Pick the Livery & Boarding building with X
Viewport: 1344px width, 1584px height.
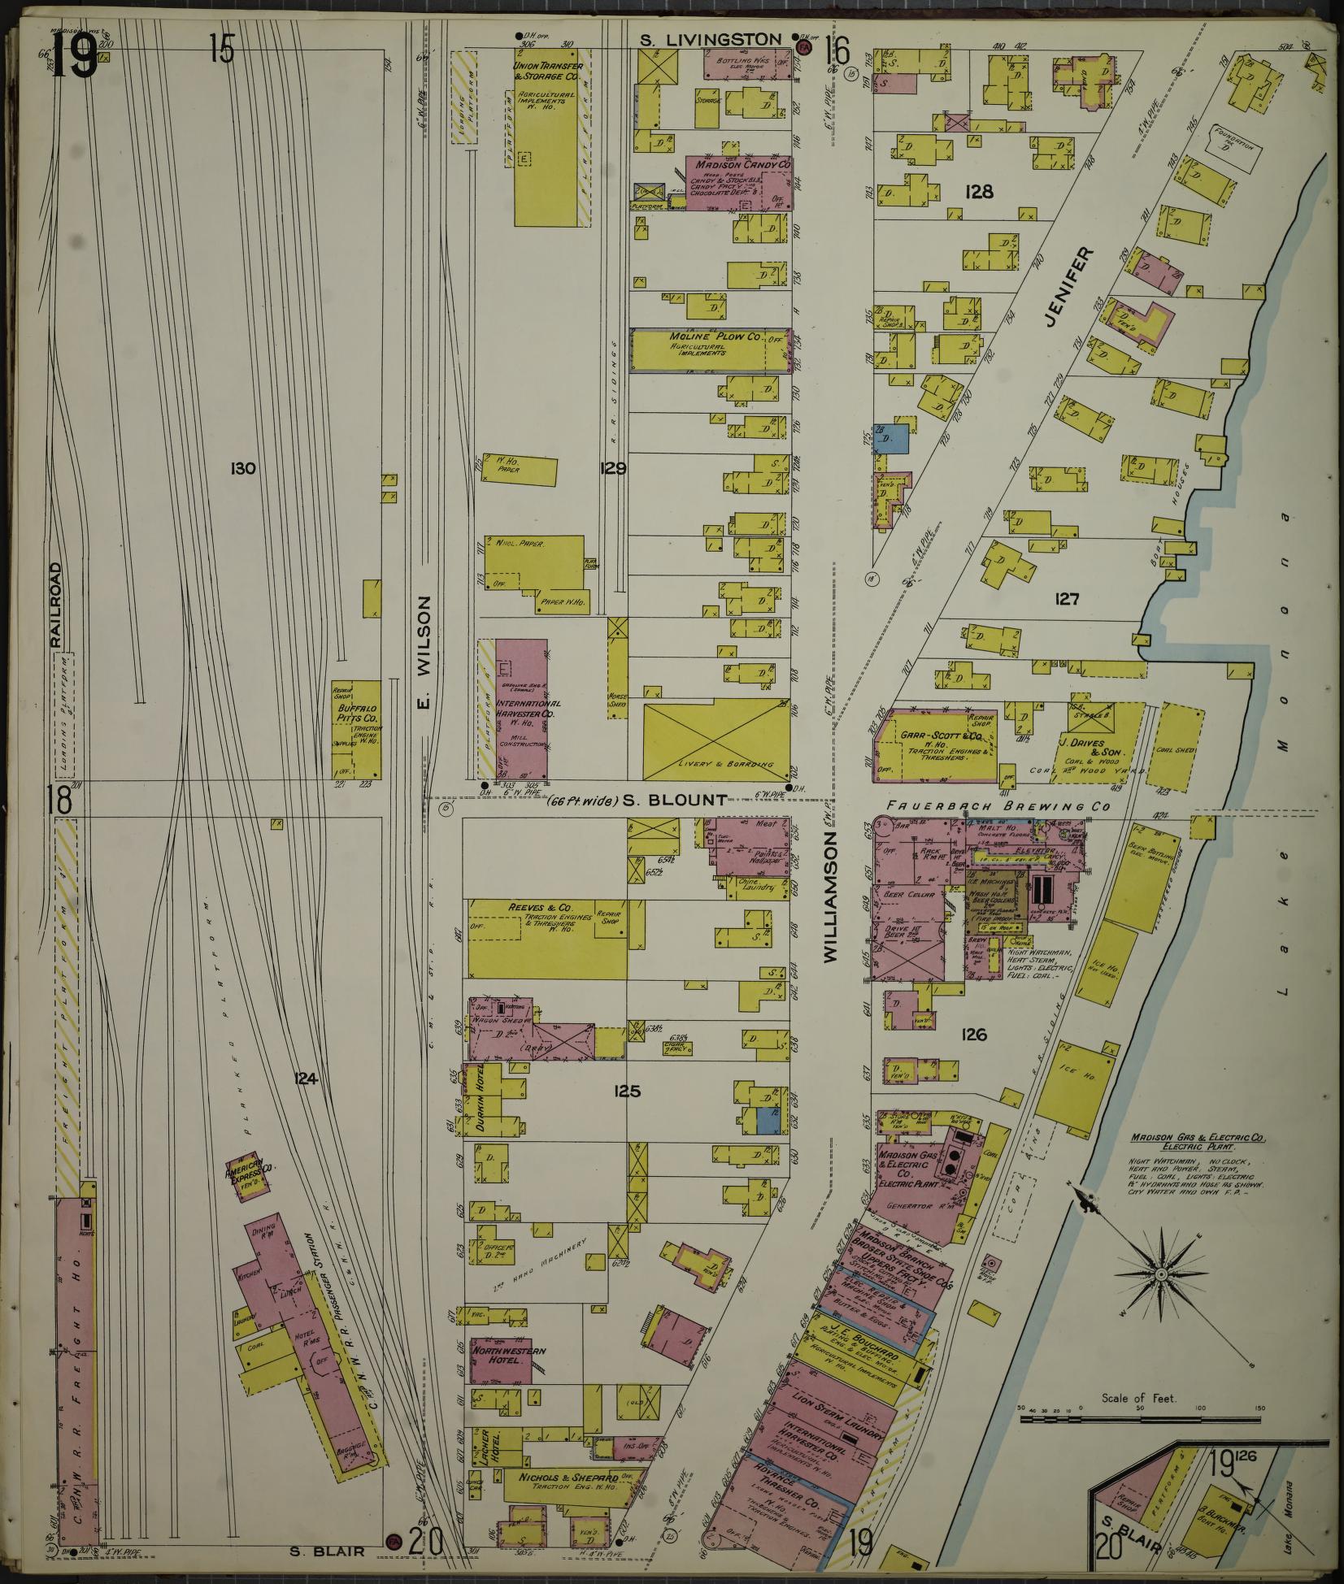click(715, 740)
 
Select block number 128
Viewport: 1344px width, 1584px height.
click(979, 191)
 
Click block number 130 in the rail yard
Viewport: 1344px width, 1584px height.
click(243, 468)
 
